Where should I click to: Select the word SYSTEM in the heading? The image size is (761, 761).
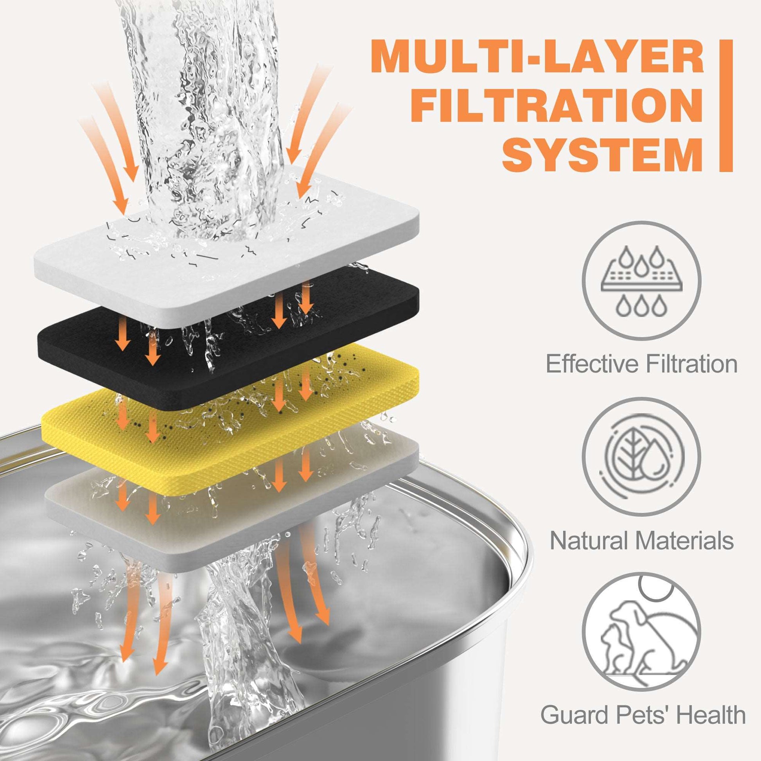click(x=597, y=151)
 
